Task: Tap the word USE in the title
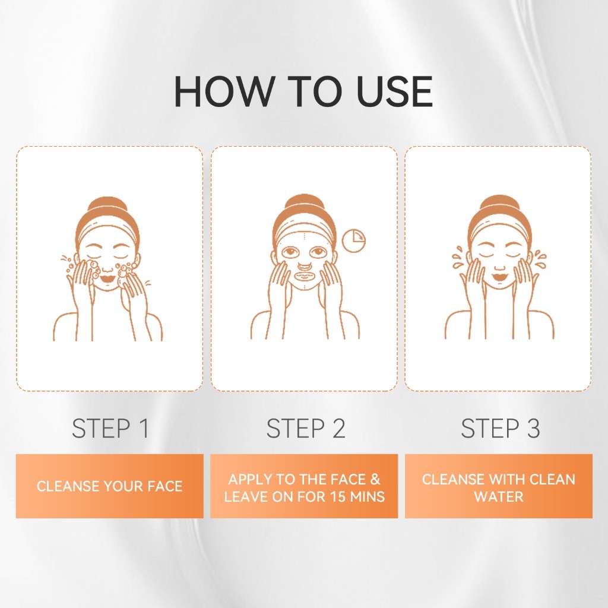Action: pyautogui.click(x=394, y=91)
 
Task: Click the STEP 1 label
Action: pyautogui.click(x=110, y=429)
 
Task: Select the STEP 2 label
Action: pyautogui.click(x=306, y=429)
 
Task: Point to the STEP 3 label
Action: pyautogui.click(x=500, y=429)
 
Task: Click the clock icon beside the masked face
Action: pyautogui.click(x=354, y=241)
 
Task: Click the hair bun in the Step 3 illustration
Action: pyautogui.click(x=500, y=206)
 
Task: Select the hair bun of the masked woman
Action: pyautogui.click(x=303, y=205)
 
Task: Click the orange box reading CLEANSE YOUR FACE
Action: pyautogui.click(x=110, y=486)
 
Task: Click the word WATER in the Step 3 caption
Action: pyautogui.click(x=499, y=496)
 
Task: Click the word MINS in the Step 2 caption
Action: pyautogui.click(x=368, y=496)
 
